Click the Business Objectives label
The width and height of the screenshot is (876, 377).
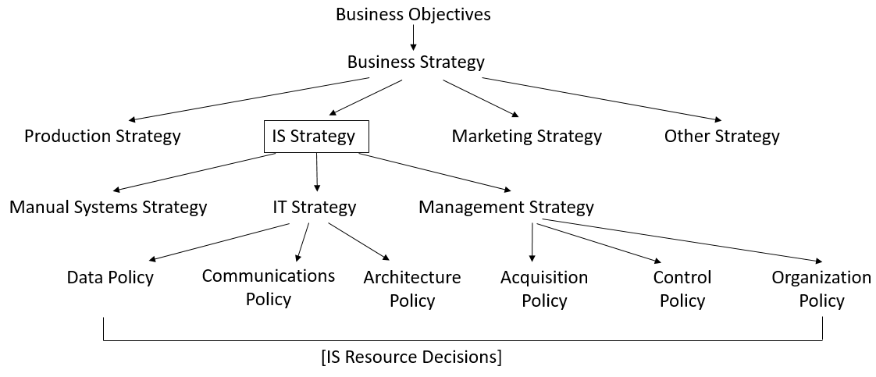click(413, 14)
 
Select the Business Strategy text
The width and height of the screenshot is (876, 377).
click(415, 62)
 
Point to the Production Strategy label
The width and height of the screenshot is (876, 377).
click(102, 137)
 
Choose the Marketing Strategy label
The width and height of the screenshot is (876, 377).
click(527, 137)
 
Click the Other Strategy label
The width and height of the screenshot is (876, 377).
click(721, 137)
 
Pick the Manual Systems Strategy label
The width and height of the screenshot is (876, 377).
click(109, 207)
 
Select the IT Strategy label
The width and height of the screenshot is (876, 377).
click(314, 207)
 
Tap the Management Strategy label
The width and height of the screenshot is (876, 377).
click(506, 207)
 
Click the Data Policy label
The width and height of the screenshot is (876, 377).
click(110, 277)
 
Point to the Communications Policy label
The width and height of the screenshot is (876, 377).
click(269, 287)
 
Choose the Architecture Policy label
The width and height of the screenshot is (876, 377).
click(412, 289)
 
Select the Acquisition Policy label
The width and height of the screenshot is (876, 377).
click(544, 289)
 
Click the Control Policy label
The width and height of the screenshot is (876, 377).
click(682, 289)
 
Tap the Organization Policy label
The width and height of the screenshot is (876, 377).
click(821, 289)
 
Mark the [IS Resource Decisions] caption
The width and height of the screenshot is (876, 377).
click(411, 357)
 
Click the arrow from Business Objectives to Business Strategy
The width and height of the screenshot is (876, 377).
click(413, 37)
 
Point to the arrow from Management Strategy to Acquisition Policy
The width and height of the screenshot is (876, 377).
click(532, 241)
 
